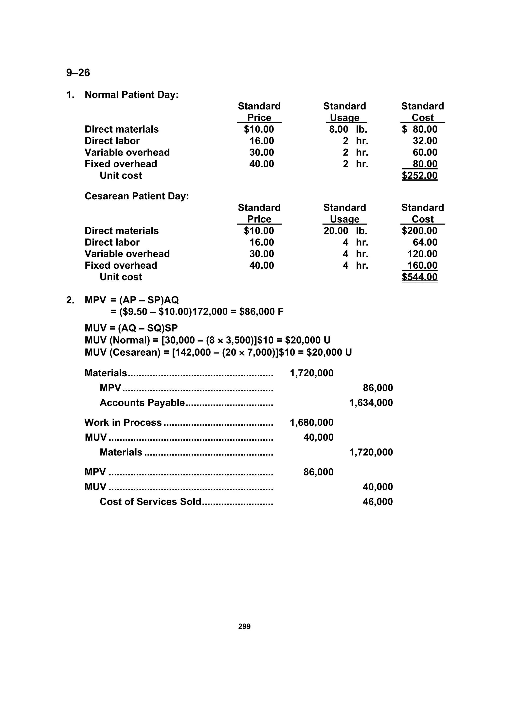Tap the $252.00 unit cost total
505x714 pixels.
click(x=419, y=175)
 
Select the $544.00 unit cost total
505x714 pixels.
click(x=419, y=277)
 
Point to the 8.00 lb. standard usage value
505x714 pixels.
click(x=348, y=129)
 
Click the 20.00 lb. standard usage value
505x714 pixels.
click(x=345, y=231)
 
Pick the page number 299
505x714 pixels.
click(x=244, y=626)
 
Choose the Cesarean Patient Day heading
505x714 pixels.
click(x=137, y=196)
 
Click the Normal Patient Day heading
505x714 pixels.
click(x=132, y=95)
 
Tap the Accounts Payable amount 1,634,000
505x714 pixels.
click(x=371, y=403)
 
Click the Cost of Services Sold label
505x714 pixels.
click(x=150, y=502)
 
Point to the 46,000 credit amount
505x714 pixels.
click(x=378, y=502)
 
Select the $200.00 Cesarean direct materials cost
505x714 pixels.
click(x=419, y=231)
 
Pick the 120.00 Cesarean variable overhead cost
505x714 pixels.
click(x=422, y=254)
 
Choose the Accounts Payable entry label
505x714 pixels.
click(x=142, y=403)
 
